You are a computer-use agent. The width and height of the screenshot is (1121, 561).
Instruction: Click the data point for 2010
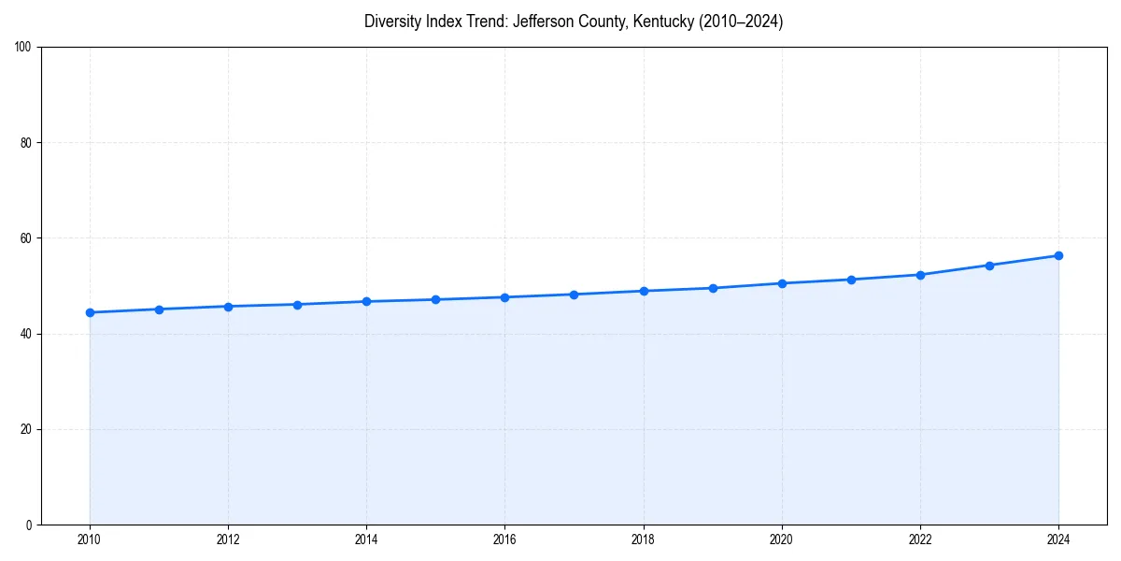pyautogui.click(x=90, y=312)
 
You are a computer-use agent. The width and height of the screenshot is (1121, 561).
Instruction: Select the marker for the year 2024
pyautogui.click(x=1058, y=255)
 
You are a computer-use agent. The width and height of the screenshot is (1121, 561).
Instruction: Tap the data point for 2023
pyautogui.click(x=989, y=266)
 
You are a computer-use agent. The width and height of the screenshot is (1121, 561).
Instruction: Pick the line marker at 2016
pyautogui.click(x=504, y=297)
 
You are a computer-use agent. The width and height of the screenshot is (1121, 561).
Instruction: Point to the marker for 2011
pyautogui.click(x=159, y=309)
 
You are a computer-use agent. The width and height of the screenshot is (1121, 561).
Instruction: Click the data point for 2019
pyautogui.click(x=713, y=288)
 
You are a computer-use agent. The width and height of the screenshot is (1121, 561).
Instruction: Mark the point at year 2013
pyautogui.click(x=297, y=305)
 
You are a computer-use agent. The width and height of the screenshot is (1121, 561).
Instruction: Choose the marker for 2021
pyautogui.click(x=851, y=280)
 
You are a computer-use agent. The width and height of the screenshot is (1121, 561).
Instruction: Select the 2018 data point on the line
pyautogui.click(x=644, y=291)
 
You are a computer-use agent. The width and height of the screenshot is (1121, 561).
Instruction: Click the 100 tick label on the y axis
pyautogui.click(x=23, y=48)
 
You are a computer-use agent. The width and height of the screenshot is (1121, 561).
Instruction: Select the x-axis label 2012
pyautogui.click(x=228, y=539)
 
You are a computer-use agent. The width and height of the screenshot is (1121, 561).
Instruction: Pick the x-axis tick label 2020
pyautogui.click(x=782, y=539)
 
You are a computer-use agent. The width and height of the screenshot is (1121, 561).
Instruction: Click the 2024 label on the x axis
pyautogui.click(x=1058, y=539)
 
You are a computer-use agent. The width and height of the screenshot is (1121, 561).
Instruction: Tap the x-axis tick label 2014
pyautogui.click(x=366, y=539)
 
